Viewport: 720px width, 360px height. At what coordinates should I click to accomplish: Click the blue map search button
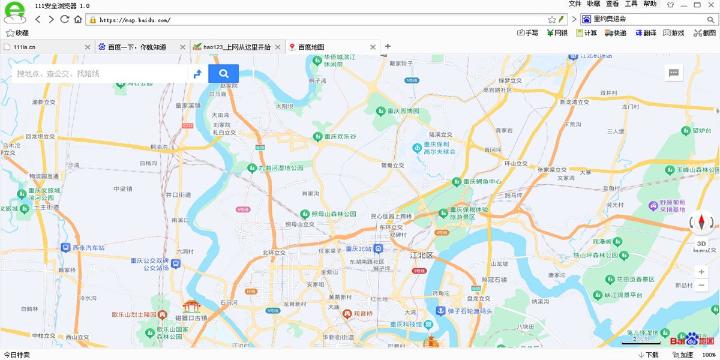point(223,73)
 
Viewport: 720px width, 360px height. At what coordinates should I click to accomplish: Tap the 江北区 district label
point(421,255)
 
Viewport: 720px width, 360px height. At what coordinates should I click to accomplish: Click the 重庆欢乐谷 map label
point(340,136)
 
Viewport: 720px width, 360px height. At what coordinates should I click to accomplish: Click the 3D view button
point(701,244)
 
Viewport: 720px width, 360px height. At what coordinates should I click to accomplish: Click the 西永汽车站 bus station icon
point(66,247)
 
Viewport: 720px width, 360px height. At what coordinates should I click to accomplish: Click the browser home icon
point(78,19)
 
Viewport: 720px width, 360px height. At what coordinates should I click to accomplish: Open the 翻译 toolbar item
point(646,33)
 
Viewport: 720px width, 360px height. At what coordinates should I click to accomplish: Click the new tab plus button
point(388,46)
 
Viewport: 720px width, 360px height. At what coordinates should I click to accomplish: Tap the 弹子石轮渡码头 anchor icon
point(440,311)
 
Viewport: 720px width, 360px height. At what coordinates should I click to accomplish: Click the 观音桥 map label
point(362,313)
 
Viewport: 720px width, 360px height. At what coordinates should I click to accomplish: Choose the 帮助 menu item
point(650,4)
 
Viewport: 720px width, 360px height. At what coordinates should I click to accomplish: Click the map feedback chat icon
point(674,73)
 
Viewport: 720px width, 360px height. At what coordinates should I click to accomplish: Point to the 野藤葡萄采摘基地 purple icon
point(653,206)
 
